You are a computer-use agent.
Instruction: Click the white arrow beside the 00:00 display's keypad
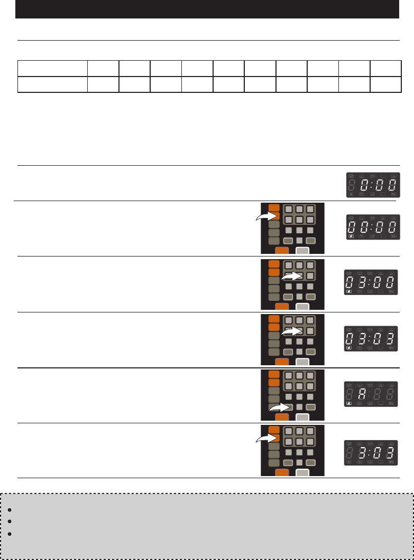point(268,217)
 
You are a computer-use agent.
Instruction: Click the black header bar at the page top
point(207,9)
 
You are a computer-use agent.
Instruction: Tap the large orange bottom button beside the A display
point(282,417)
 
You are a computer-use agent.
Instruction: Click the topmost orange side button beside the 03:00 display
point(274,263)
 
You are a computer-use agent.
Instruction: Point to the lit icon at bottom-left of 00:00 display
point(351,238)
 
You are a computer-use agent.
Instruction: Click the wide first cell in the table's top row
point(52,69)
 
